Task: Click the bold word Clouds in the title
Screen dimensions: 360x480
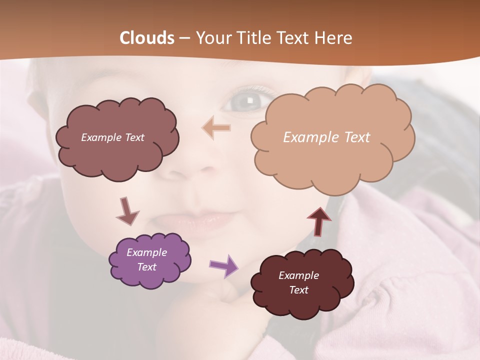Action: coord(147,38)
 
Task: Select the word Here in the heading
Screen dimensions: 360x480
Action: coord(334,38)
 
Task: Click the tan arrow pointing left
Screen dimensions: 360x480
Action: coord(216,128)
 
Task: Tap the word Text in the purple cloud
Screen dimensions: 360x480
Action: coord(147,267)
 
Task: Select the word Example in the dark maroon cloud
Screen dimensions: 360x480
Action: coord(298,275)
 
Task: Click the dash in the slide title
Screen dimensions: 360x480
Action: coord(184,38)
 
